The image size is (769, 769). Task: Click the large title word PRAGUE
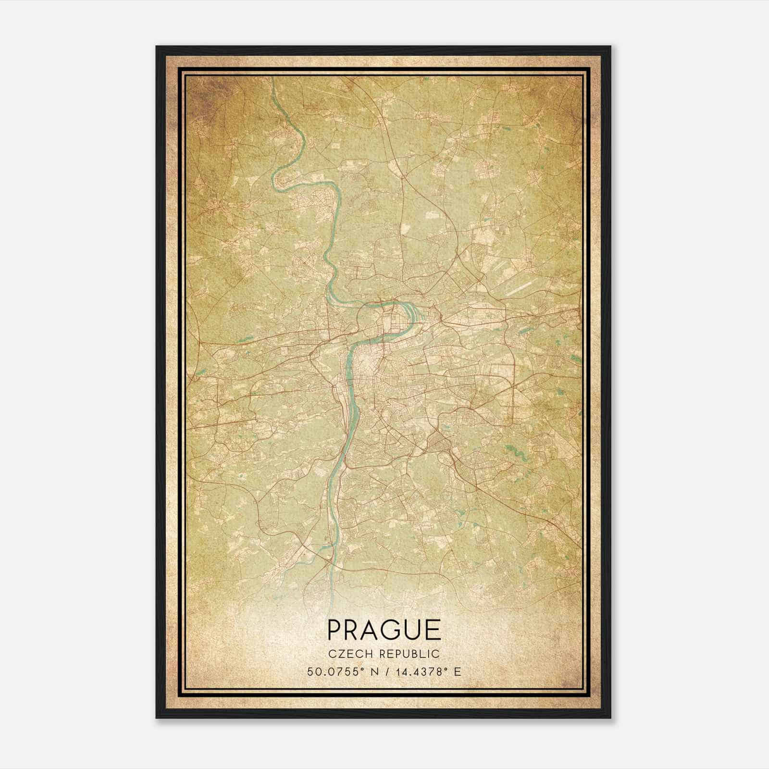384,630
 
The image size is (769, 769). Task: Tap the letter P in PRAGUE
335,630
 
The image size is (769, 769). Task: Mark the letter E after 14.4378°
457,671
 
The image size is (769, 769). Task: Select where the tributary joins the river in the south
328,560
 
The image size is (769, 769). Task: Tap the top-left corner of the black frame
157,47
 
